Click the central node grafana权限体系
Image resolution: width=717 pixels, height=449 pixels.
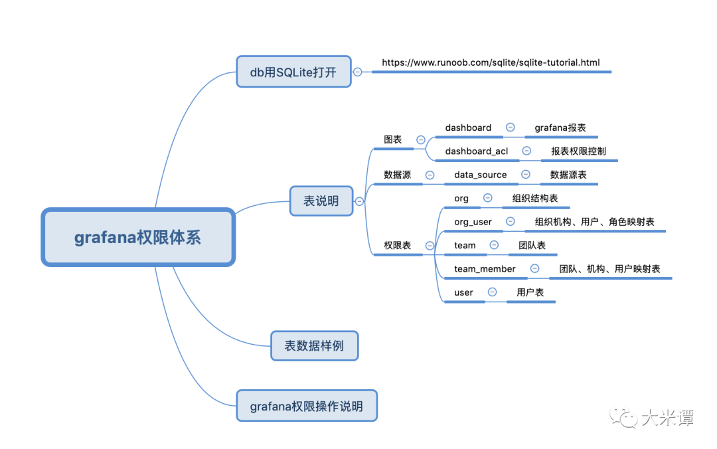coord(138,238)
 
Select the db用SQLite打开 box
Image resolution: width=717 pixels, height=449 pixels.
coord(293,71)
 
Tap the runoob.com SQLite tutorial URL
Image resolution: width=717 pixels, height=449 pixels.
coord(491,62)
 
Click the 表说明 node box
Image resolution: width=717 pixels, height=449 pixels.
coord(321,201)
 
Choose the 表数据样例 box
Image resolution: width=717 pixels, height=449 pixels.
coord(314,346)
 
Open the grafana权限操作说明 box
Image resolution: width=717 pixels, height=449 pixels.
coord(307,406)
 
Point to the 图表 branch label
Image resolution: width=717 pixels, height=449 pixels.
coord(393,139)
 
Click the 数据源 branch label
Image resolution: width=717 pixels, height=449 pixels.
coord(397,175)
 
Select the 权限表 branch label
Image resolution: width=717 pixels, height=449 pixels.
coord(397,246)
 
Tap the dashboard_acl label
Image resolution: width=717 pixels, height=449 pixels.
coord(477,151)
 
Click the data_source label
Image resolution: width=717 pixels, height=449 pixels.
coord(481,175)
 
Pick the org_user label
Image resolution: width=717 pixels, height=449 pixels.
coord(473,222)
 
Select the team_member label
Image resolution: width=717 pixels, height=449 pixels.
coord(485,269)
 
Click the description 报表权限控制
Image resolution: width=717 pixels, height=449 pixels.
coord(578,151)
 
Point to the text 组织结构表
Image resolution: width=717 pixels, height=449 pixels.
coord(535,199)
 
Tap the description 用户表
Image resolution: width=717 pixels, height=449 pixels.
coord(530,292)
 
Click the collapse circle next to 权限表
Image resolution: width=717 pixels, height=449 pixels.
coord(430,246)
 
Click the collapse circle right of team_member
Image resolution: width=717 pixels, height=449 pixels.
coord(535,268)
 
